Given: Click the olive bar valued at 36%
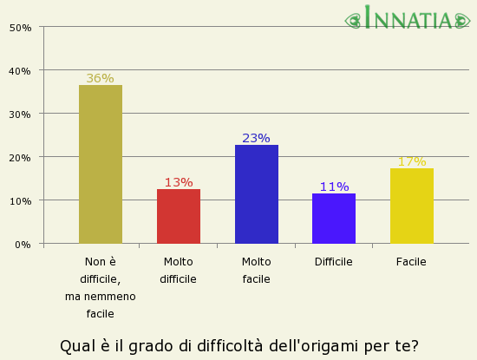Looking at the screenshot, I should (x=100, y=164).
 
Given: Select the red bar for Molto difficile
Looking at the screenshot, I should (x=178, y=216).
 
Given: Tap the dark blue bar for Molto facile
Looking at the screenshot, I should (x=256, y=194).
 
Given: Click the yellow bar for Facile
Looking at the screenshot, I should (x=411, y=206).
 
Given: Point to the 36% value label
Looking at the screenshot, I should (x=100, y=78).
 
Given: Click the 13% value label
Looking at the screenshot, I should (x=178, y=182).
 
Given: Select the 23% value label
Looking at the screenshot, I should (x=256, y=138).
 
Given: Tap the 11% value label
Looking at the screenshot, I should (x=334, y=187).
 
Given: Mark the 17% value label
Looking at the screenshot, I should (x=411, y=161).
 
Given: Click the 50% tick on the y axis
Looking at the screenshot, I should (x=21, y=27).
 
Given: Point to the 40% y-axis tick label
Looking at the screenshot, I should (x=21, y=70).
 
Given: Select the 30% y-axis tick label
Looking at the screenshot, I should (x=21, y=114).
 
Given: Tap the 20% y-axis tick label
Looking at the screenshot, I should (x=21, y=157).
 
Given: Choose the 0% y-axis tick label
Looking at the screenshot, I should (x=23, y=244).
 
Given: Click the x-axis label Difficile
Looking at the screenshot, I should (x=334, y=261).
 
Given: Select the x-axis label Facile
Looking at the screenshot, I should (x=411, y=261).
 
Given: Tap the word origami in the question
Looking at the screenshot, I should (x=325, y=346).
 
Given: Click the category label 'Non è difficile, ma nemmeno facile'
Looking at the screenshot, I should (x=100, y=287).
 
